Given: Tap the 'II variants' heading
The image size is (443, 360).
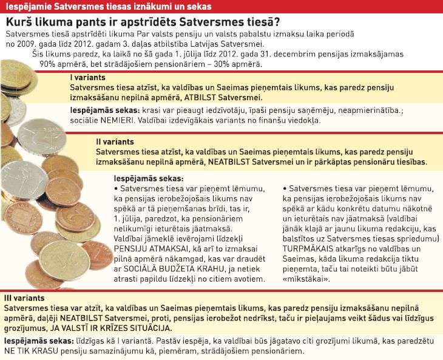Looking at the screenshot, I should (117, 142).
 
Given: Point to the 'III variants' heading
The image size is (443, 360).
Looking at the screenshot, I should (24, 299).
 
